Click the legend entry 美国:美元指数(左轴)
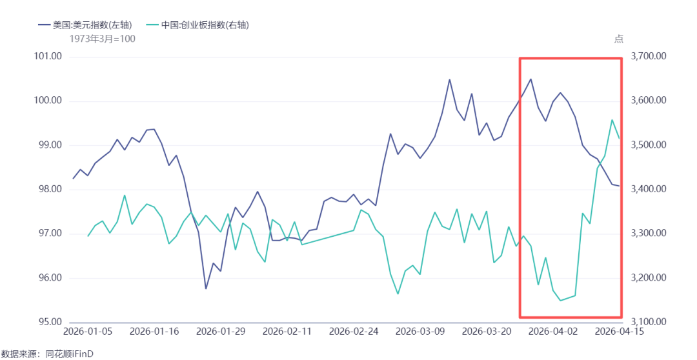coord(85,25)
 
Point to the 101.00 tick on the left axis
coord(46,57)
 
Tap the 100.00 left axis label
coord(46,101)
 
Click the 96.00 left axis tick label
coord(48,278)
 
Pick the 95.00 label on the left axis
coord(48,322)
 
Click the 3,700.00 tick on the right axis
coord(649,57)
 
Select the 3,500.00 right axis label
coord(649,145)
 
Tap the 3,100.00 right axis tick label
coord(649,322)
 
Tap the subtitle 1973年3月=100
coord(102,39)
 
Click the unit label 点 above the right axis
coord(618,39)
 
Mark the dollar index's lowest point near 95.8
coord(206,289)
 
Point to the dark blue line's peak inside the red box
coord(530,79)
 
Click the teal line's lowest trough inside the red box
coord(560,301)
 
